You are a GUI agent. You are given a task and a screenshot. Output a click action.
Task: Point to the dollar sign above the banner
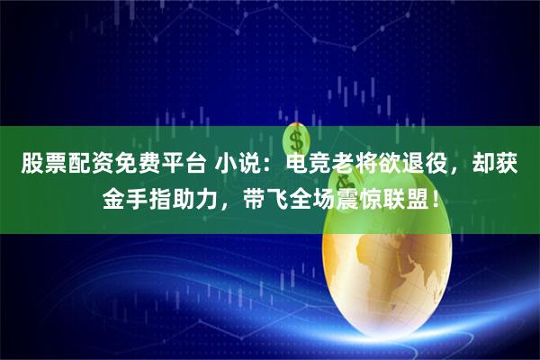298,141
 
